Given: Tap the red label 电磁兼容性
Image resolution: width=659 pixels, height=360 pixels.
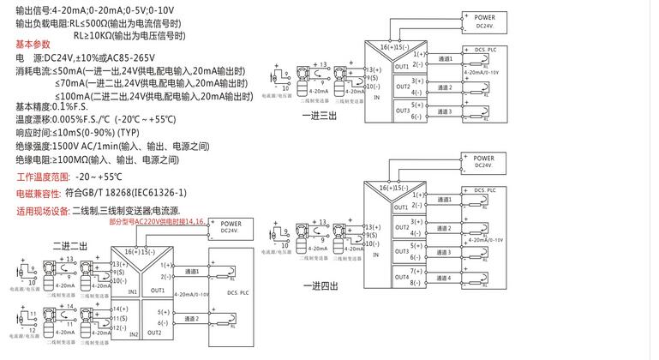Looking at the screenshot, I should pos(39,194).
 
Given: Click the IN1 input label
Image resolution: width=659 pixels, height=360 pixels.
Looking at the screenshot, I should pos(132,291).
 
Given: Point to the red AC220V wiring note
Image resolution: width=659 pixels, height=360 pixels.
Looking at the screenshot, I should pos(158,221).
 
